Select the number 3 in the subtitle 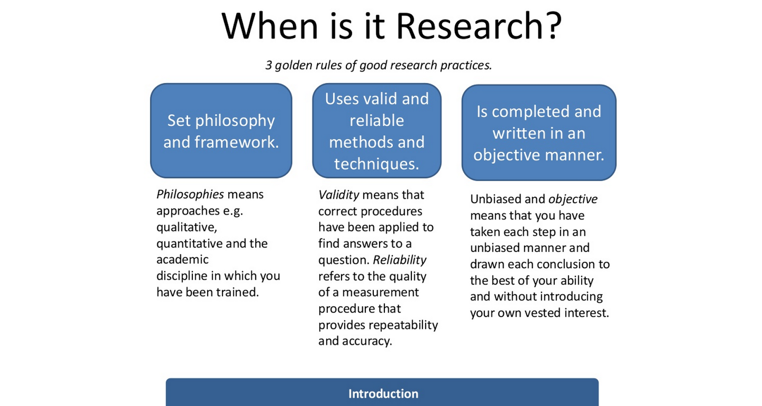269,65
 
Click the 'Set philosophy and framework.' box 221,131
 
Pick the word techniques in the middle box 376,164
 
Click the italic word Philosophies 190,194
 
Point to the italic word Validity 339,195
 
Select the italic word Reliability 400,260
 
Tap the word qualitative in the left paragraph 187,227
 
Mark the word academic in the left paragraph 182,260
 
